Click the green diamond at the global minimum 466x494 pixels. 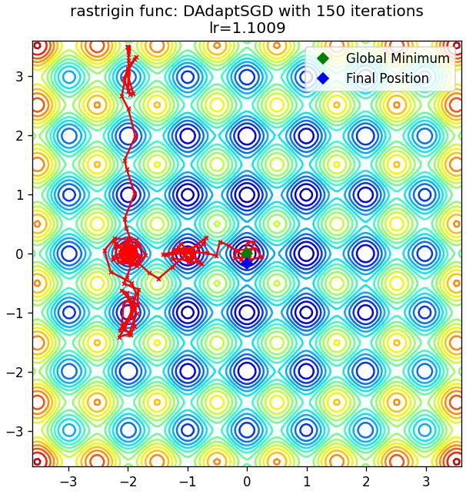click(x=247, y=254)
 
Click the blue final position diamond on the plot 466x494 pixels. click(x=247, y=263)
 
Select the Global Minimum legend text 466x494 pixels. click(x=398, y=58)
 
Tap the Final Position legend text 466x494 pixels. click(x=388, y=78)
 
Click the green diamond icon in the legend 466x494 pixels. click(x=323, y=58)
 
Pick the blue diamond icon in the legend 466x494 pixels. click(x=323, y=78)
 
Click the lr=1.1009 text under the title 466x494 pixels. click(x=247, y=28)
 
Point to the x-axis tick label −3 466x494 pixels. click(x=68, y=482)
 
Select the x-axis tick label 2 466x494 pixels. click(x=365, y=482)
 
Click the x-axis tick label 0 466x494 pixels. click(x=247, y=482)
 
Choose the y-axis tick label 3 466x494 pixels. click(x=19, y=77)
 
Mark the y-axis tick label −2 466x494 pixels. click(x=15, y=372)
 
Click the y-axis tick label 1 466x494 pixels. click(x=19, y=194)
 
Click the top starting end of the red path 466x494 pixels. click(x=128, y=47)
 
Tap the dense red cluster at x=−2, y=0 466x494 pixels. click(x=128, y=252)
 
